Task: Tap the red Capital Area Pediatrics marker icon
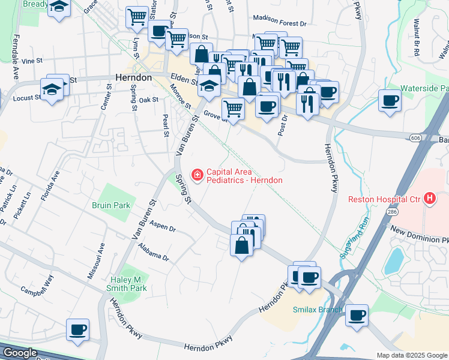click(196, 175)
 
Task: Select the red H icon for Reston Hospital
click(429, 198)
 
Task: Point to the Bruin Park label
click(111, 205)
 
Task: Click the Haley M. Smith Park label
click(121, 284)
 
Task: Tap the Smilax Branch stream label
click(318, 310)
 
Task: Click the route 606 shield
click(415, 137)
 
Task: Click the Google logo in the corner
click(19, 353)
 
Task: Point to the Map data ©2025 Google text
click(411, 355)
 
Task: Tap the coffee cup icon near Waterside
click(390, 100)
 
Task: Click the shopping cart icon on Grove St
click(233, 109)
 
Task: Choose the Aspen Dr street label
click(163, 228)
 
